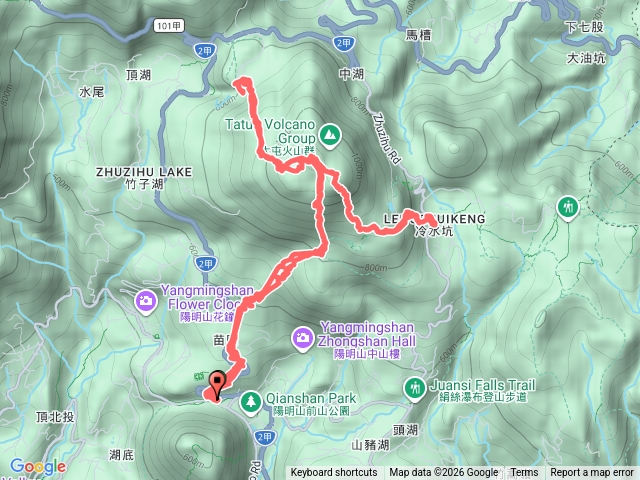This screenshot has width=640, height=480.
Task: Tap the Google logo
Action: pos(38,466)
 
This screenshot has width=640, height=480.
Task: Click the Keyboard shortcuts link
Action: pos(334,473)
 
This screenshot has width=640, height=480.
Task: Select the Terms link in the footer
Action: pos(524,473)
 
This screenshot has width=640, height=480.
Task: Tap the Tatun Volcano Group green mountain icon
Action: pos(330,133)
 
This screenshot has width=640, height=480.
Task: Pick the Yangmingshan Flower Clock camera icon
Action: pos(146,299)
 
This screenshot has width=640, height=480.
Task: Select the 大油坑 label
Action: pos(585,58)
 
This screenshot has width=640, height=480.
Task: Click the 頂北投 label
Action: pos(53,416)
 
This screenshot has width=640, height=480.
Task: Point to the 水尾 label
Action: pos(91,91)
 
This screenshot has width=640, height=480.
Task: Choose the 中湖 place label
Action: pos(351,74)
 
